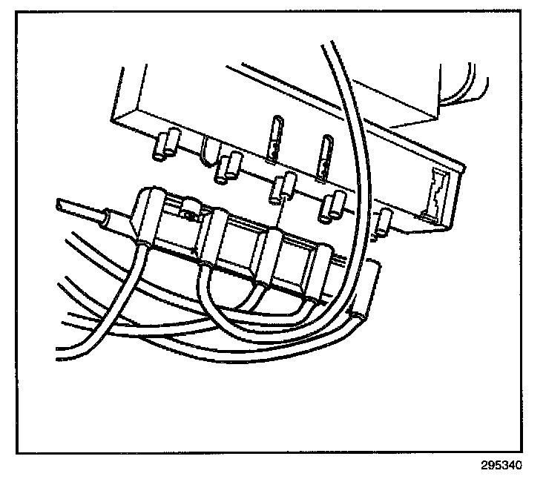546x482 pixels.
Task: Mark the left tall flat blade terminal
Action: [275, 137]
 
